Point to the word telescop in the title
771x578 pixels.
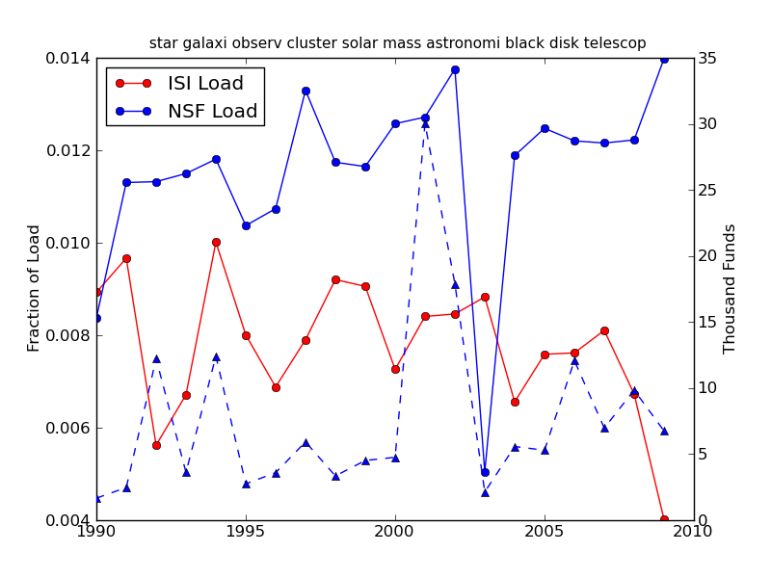[613, 43]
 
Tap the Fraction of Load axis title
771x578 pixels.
[35, 288]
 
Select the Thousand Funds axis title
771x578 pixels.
[731, 289]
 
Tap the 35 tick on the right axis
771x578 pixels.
[706, 58]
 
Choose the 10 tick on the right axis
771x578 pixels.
[706, 388]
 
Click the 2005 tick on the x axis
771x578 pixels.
[545, 531]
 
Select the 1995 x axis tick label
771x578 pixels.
[246, 531]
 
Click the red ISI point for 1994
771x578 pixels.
[216, 242]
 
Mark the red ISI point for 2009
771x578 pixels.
[664, 520]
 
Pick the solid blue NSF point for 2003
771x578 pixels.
[485, 472]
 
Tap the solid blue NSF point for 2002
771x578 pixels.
[455, 69]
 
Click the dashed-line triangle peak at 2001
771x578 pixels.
[425, 123]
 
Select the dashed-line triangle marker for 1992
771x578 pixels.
[156, 358]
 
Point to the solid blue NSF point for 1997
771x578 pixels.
[306, 91]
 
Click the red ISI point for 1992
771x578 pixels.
[156, 445]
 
